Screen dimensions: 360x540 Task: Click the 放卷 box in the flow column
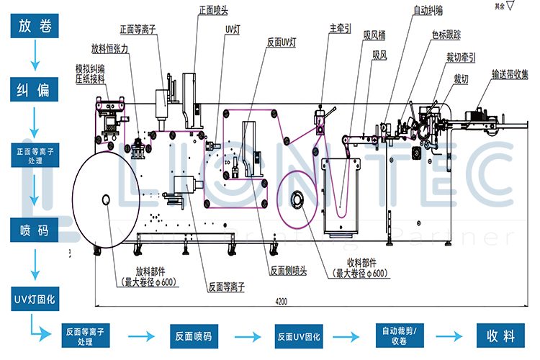(33, 27)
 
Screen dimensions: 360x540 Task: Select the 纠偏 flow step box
(33, 89)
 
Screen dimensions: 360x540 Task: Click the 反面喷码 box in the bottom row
(193, 336)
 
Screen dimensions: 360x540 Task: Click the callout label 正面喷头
(215, 11)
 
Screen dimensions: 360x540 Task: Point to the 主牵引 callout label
(341, 29)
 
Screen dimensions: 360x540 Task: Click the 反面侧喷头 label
(288, 271)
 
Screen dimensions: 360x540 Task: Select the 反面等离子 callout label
(226, 286)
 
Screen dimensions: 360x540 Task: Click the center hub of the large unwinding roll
(106, 198)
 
